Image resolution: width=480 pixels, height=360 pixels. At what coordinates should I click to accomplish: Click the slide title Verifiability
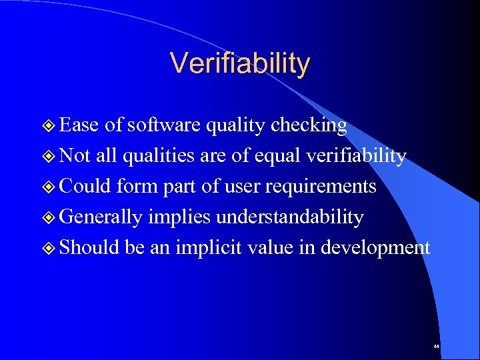click(240, 63)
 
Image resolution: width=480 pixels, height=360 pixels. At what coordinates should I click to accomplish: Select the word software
click(164, 125)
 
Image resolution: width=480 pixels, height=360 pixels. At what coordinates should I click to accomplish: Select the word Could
click(85, 187)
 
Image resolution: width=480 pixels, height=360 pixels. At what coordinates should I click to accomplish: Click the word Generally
click(101, 217)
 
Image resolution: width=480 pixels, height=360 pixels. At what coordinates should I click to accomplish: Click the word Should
click(88, 248)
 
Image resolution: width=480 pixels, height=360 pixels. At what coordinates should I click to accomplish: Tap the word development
click(375, 248)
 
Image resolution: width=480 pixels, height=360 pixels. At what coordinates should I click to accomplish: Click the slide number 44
click(436, 347)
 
